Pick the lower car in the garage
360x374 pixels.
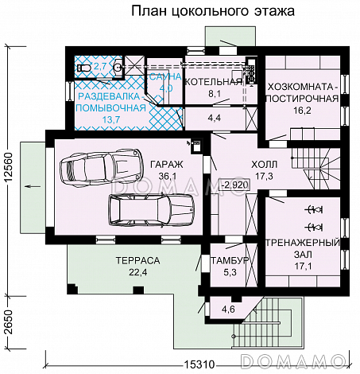click(150, 210)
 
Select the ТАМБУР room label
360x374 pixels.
click(230, 261)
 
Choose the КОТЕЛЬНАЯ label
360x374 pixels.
click(212, 81)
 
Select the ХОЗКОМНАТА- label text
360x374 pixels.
click(303, 87)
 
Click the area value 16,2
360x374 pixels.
click(303, 112)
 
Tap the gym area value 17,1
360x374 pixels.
click(302, 266)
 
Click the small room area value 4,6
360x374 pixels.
click(229, 309)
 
